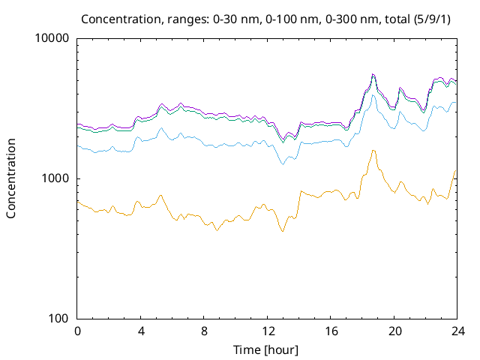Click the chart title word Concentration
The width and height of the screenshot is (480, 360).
point(116,18)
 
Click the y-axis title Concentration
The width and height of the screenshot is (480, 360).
point(11,178)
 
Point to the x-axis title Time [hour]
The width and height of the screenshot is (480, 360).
point(266,349)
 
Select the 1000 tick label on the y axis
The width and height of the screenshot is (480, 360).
point(56,178)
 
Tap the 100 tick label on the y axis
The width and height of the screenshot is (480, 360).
point(59,319)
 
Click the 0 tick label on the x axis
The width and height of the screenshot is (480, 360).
point(77,331)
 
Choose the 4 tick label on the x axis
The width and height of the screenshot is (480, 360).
point(140,331)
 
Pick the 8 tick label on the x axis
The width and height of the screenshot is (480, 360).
point(203,331)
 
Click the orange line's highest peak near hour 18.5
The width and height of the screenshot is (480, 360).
point(373,151)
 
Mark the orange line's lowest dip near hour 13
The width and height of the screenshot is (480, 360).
point(282,231)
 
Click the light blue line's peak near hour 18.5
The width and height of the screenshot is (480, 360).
point(373,95)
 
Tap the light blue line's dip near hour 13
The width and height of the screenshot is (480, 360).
point(282,163)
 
